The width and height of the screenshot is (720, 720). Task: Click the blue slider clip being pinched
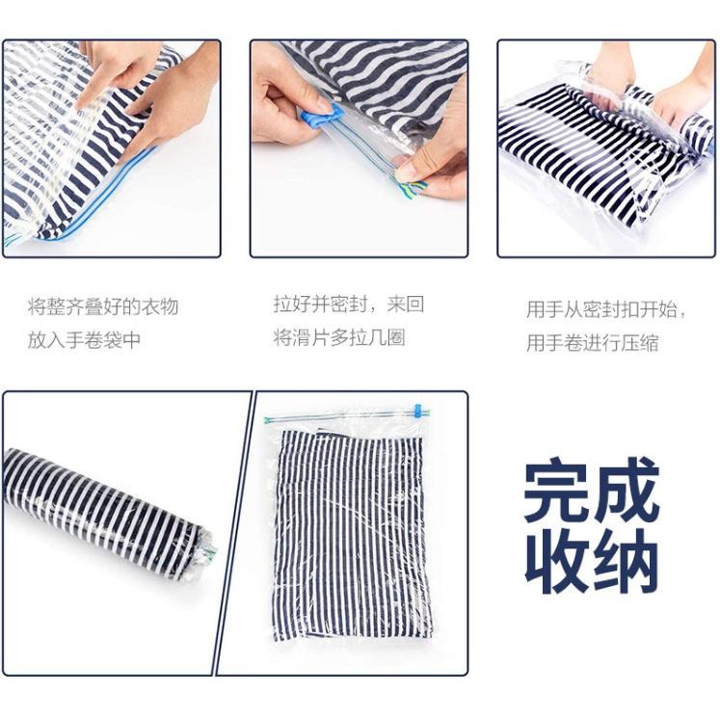pyautogui.click(x=322, y=120)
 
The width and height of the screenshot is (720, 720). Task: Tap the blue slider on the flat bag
pyautogui.click(x=418, y=411)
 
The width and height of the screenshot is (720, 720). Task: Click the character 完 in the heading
pyautogui.click(x=558, y=493)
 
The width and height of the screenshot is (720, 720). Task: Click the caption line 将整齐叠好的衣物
pyautogui.click(x=103, y=307)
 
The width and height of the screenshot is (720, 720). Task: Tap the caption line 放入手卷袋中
pyautogui.click(x=84, y=340)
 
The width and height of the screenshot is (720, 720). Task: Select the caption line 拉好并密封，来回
pyautogui.click(x=348, y=305)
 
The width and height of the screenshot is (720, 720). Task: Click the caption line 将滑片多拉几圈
pyautogui.click(x=338, y=337)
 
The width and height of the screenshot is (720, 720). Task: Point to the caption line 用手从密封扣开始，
pyautogui.click(x=607, y=310)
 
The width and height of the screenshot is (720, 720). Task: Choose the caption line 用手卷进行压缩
pyautogui.click(x=593, y=343)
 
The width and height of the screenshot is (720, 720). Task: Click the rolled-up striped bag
pyautogui.click(x=106, y=511)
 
